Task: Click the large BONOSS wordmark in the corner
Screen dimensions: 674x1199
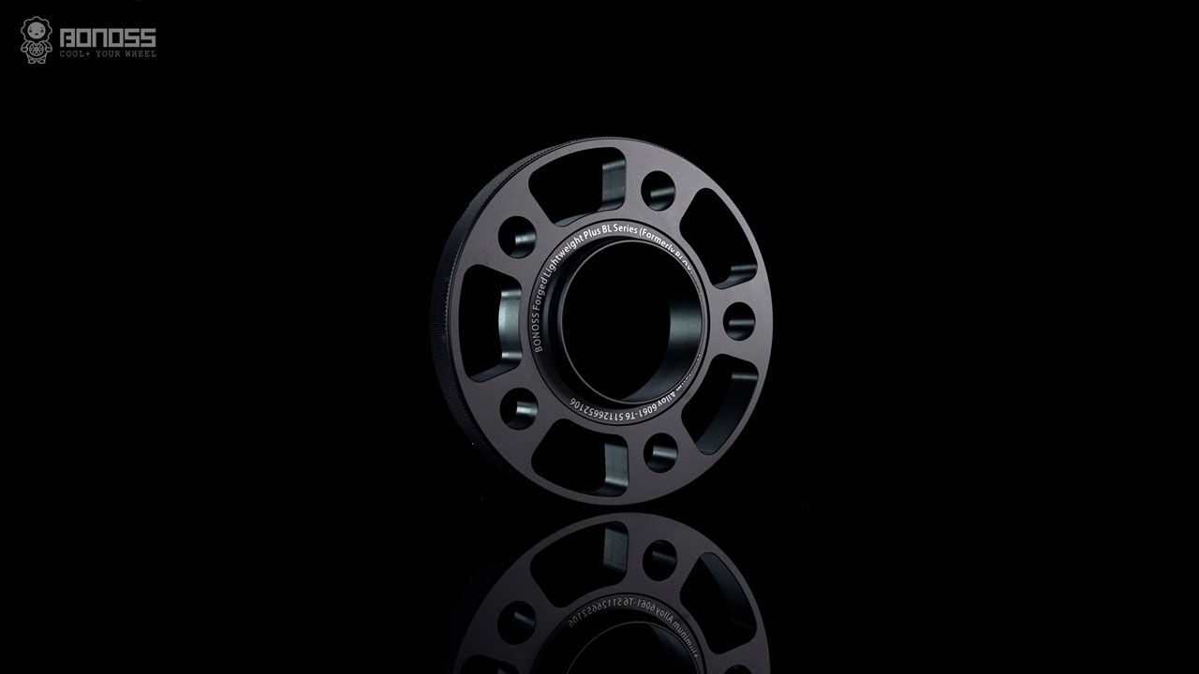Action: [x=108, y=37]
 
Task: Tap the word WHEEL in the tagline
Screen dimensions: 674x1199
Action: [x=141, y=54]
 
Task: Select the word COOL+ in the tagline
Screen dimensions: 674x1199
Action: [x=76, y=54]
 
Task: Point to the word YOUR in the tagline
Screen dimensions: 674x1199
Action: [x=108, y=54]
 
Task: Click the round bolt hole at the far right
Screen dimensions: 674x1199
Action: [x=739, y=321]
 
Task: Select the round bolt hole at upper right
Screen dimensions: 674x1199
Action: [x=658, y=191]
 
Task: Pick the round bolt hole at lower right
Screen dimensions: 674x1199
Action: [x=660, y=453]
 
